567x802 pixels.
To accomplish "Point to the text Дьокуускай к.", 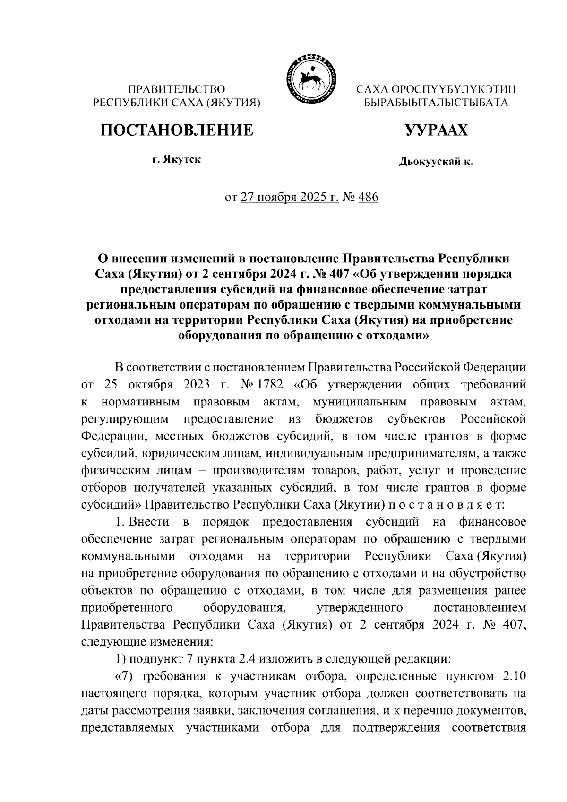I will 436,162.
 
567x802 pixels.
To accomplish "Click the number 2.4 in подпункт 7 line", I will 256,659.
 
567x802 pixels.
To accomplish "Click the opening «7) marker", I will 122,676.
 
